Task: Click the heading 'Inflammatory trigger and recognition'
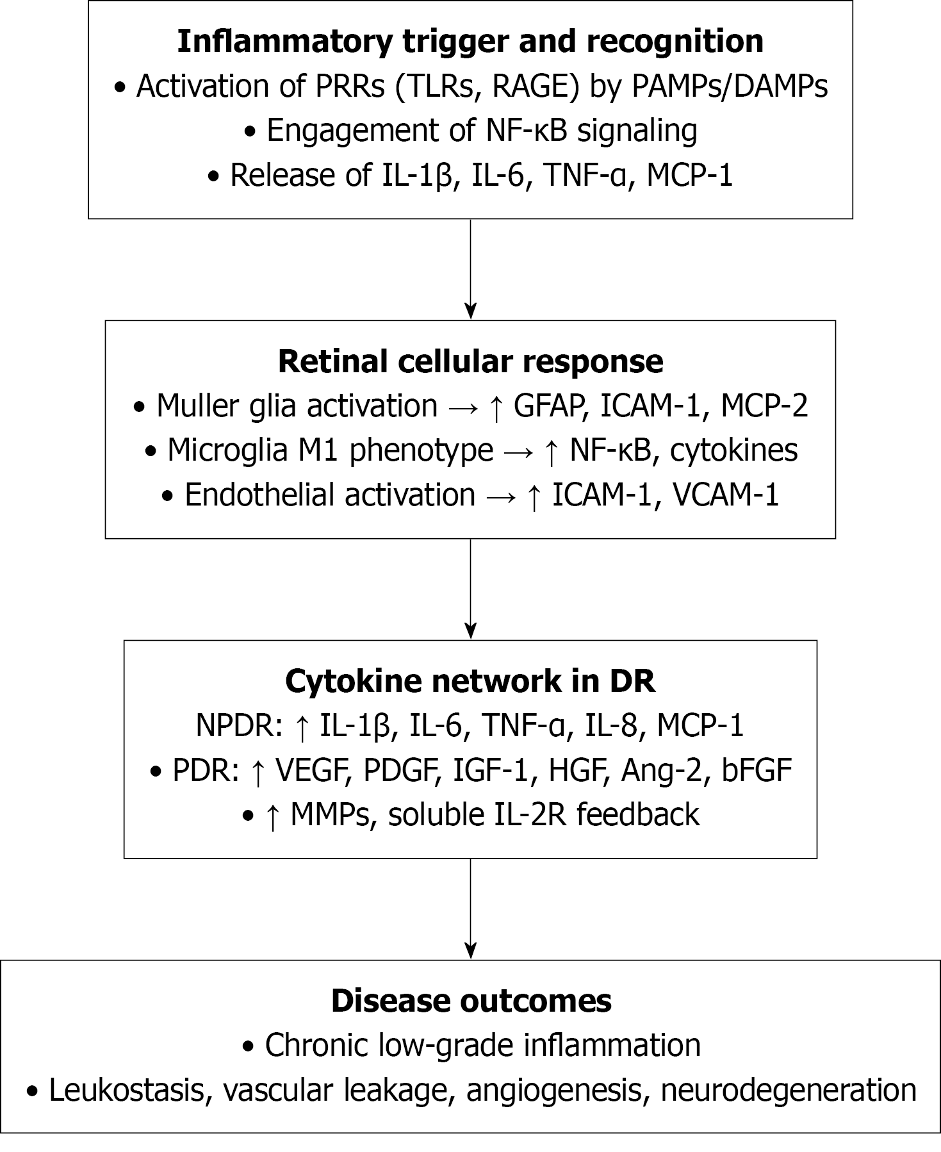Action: (470, 41)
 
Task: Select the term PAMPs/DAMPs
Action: (730, 86)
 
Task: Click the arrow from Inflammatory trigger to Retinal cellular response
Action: (471, 269)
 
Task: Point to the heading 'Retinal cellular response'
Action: (470, 361)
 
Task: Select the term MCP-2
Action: (764, 406)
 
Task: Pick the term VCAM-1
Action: (726, 495)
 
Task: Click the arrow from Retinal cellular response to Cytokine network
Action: (471, 589)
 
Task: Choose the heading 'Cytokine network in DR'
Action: (470, 681)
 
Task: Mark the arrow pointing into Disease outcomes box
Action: (471, 909)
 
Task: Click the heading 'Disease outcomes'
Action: (471, 1001)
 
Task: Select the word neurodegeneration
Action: (788, 1090)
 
